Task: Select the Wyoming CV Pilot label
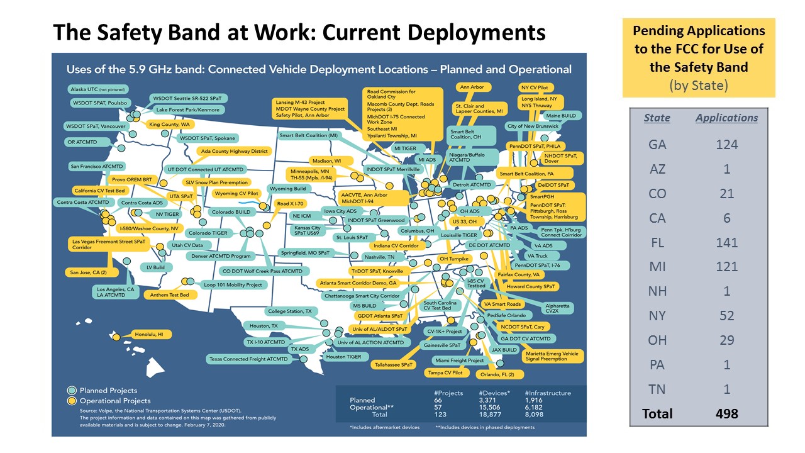(x=236, y=193)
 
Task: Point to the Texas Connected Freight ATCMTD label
(x=248, y=359)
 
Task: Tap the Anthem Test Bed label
(x=167, y=294)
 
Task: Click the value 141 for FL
(x=726, y=242)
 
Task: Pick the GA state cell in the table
(x=657, y=144)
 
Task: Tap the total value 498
(x=726, y=413)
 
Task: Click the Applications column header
(x=726, y=118)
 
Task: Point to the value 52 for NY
(x=726, y=316)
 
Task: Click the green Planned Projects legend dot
(x=72, y=391)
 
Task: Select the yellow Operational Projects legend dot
(x=72, y=400)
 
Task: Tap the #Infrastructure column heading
(x=548, y=393)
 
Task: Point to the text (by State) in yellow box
(x=698, y=85)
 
